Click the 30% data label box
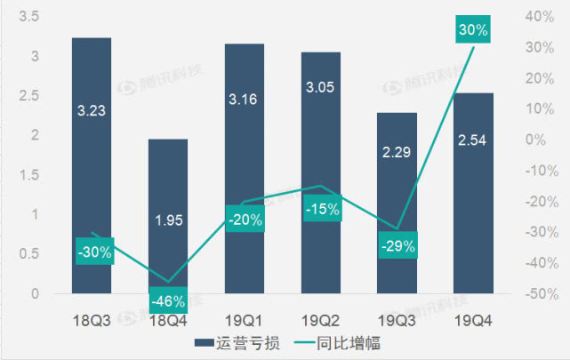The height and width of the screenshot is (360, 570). (x=473, y=30)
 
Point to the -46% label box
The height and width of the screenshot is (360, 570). (x=168, y=299)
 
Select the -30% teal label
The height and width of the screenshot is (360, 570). (x=93, y=252)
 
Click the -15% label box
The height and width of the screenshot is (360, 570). (x=321, y=210)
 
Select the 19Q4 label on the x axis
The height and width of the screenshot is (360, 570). (x=473, y=316)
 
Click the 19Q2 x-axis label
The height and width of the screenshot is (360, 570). (x=320, y=316)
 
